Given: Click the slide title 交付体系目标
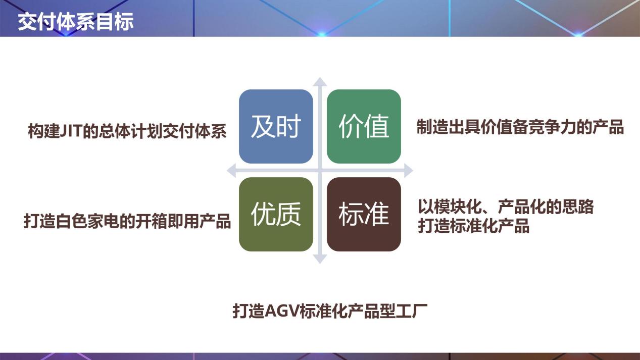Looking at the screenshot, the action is pyautogui.click(x=76, y=21).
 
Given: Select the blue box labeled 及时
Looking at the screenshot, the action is pyautogui.click(x=276, y=126).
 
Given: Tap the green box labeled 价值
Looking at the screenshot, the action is pyautogui.click(x=364, y=126).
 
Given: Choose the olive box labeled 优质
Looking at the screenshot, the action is pyautogui.click(x=276, y=215).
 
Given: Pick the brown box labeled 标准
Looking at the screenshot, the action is pyautogui.click(x=364, y=215).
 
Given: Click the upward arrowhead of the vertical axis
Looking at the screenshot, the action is pyautogui.click(x=320, y=81).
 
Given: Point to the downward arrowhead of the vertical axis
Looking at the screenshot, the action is pyautogui.click(x=320, y=259).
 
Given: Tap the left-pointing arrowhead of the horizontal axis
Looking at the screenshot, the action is pyautogui.click(x=231, y=171).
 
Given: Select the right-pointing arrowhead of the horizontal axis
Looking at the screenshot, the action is pyautogui.click(x=409, y=171).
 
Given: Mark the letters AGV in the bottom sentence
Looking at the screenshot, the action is pyautogui.click(x=281, y=311).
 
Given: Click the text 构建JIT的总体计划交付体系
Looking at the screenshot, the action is pyautogui.click(x=127, y=131).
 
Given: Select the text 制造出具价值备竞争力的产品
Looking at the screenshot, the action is pyautogui.click(x=520, y=127).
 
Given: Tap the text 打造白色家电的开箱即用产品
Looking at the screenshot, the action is pyautogui.click(x=127, y=221).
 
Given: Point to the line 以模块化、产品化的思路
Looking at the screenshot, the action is pyautogui.click(x=506, y=207).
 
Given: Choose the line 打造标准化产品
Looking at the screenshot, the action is pyautogui.click(x=473, y=226).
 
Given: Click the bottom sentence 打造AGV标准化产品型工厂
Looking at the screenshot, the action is pyautogui.click(x=330, y=311).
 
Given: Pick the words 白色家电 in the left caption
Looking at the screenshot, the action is pyautogui.click(x=87, y=221).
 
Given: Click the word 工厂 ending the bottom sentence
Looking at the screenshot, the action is pyautogui.click(x=412, y=311).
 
